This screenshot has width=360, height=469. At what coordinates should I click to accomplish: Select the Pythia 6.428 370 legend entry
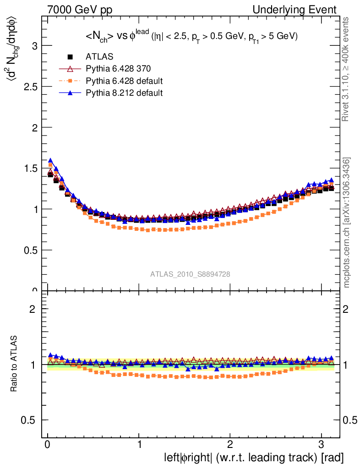point(118,69)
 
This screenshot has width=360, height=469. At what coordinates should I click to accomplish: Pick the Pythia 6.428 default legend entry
point(124,81)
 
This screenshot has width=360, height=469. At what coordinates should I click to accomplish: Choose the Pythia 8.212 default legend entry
point(124,93)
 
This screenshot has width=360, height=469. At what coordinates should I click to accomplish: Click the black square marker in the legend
point(70,57)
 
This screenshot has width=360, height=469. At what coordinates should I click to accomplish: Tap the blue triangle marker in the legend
point(70,93)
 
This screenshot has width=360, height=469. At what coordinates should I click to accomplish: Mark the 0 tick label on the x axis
point(48,445)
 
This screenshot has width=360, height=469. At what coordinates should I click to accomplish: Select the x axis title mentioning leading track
point(253,458)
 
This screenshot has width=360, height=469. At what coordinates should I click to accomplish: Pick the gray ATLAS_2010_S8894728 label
point(190,274)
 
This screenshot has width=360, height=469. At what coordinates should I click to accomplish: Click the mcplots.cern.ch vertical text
point(347,223)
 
